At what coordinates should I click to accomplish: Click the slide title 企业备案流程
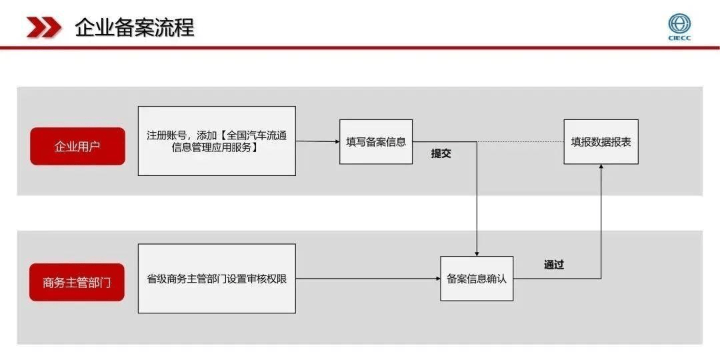[x=135, y=27]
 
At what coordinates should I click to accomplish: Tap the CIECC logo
[x=679, y=27]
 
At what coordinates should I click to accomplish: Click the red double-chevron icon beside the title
[x=43, y=27]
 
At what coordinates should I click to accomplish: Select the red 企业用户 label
[x=77, y=147]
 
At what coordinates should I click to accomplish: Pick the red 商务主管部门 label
[x=77, y=283]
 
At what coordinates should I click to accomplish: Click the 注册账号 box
[x=217, y=141]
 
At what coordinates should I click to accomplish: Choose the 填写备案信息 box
[x=376, y=141]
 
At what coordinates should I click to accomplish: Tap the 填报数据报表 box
[x=601, y=141]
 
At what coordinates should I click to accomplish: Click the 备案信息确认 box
[x=477, y=279]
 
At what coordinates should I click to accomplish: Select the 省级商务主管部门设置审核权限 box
[x=217, y=279]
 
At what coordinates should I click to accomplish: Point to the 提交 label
[x=441, y=154]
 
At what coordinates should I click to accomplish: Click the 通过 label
[x=554, y=265]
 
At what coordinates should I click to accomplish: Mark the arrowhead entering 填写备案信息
[x=337, y=141]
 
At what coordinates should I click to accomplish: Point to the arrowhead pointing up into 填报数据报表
[x=601, y=167]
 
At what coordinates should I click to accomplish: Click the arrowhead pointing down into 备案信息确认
[x=477, y=253]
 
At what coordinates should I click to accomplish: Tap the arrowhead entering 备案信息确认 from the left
[x=437, y=278]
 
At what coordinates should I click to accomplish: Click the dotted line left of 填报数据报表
[x=521, y=141]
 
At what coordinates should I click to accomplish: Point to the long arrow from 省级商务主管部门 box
[x=368, y=278]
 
